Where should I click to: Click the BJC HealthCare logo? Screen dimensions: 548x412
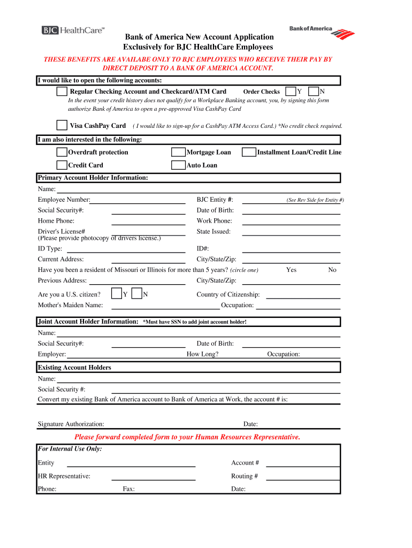pos(73,31)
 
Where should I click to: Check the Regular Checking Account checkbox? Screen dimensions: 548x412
pos(62,92)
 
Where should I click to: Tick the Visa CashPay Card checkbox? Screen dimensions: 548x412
pos(62,125)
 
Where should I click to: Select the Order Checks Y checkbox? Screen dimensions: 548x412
pos(291,92)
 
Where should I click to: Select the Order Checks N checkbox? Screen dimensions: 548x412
pos(314,92)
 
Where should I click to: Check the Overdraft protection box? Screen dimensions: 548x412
pos(62,153)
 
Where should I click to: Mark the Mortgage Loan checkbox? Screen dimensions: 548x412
pos(178,153)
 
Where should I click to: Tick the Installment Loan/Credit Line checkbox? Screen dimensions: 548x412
pos(249,153)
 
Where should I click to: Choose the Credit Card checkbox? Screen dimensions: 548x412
pos(62,165)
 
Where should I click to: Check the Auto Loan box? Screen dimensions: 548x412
pos(178,165)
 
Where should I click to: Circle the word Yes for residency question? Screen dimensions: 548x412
pos(291,270)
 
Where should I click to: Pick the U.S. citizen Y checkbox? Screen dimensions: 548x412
pos(116,294)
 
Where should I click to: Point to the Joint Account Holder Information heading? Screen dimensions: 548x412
pos(88,322)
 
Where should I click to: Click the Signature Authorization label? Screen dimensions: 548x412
pos(71,424)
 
